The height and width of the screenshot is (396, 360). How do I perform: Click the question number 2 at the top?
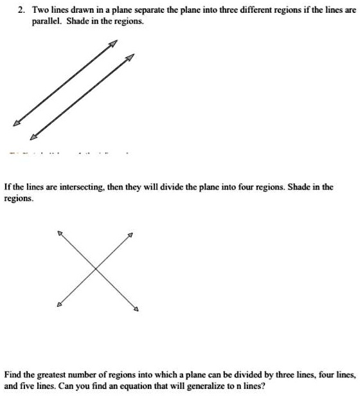click(x=21, y=10)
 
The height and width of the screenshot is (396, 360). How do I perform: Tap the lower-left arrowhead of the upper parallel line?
click(x=16, y=124)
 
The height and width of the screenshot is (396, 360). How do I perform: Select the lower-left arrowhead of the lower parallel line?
click(x=33, y=136)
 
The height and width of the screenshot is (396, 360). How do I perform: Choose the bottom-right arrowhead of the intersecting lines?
click(x=136, y=311)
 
